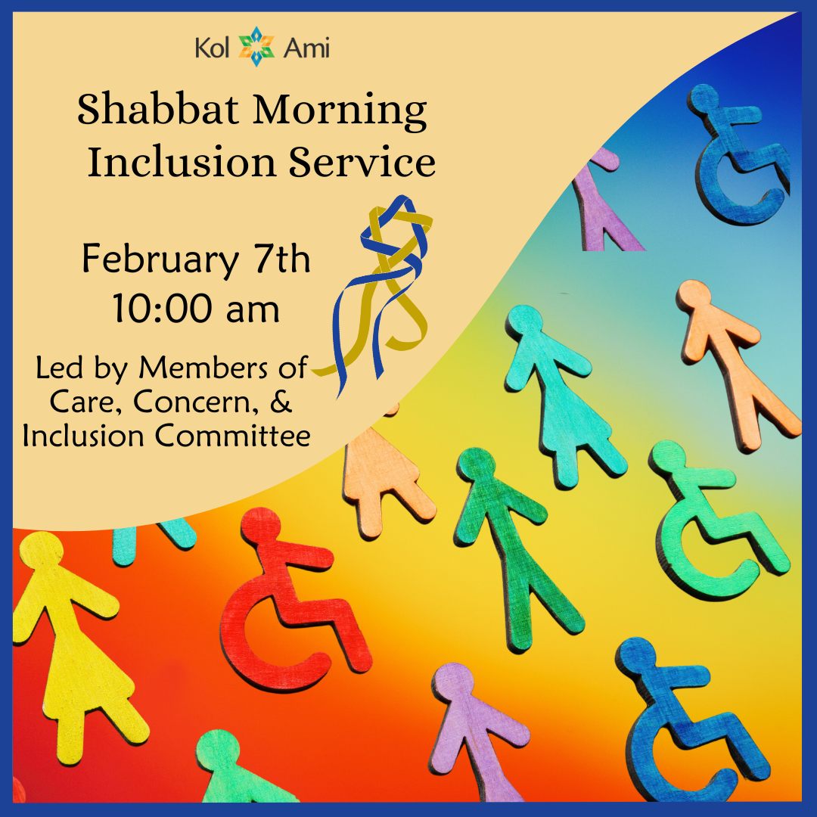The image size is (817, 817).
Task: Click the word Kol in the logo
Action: coord(213,50)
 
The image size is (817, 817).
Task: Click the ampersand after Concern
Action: coord(281,402)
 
